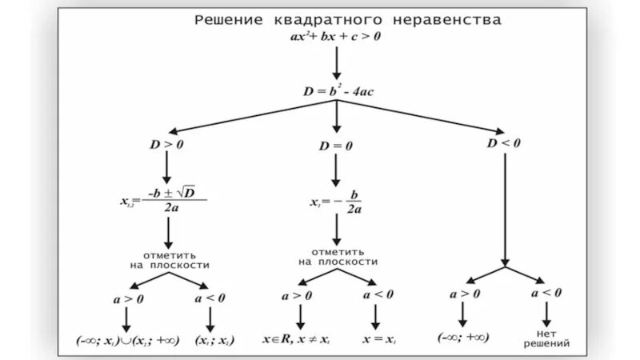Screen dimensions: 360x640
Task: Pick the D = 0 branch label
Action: point(336,146)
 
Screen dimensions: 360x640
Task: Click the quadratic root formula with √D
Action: point(165,198)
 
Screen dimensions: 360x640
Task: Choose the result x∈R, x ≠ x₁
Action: point(298,338)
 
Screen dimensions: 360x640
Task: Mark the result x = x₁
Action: point(378,338)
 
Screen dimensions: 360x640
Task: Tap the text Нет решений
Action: point(547,338)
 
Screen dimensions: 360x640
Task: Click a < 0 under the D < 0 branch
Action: point(546,294)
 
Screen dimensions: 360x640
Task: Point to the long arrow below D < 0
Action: point(505,208)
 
